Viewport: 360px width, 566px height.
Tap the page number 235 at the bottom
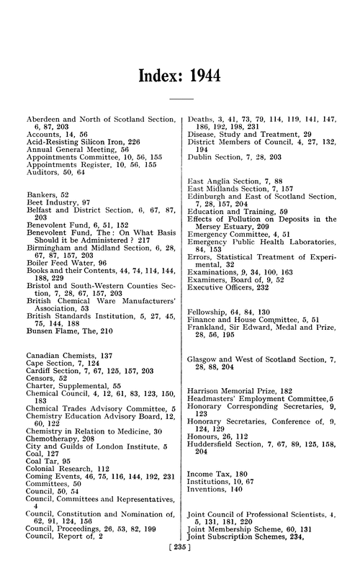[179, 557]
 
